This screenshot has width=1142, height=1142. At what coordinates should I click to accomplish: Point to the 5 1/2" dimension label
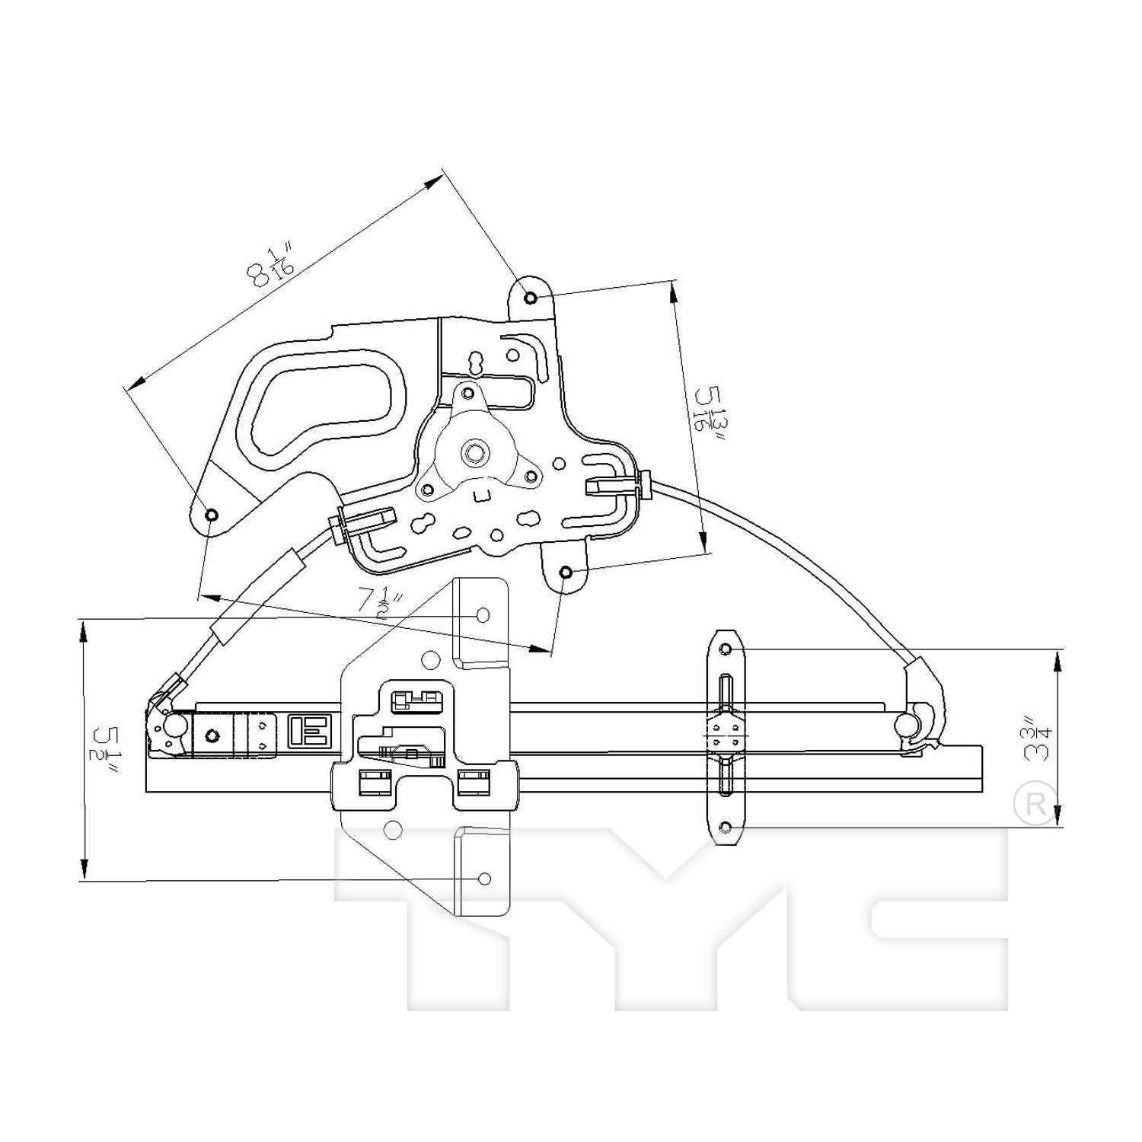(x=107, y=750)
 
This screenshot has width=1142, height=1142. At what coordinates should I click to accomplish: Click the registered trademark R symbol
(x=1035, y=803)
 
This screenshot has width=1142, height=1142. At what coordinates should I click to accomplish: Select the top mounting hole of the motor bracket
(x=531, y=298)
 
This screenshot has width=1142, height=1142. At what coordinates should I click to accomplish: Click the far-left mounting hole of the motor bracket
(x=212, y=515)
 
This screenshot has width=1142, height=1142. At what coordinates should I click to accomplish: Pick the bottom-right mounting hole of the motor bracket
(x=566, y=573)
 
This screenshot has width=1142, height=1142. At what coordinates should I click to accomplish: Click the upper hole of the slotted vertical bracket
(x=726, y=649)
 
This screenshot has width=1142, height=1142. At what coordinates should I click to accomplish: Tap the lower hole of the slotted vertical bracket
(x=726, y=827)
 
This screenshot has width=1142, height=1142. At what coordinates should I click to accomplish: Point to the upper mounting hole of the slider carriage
(x=483, y=614)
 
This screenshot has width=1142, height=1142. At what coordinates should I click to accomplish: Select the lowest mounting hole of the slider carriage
(x=484, y=879)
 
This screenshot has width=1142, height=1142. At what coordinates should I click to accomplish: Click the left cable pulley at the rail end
(x=175, y=726)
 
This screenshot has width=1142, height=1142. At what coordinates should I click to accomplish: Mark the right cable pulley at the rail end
(x=906, y=723)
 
